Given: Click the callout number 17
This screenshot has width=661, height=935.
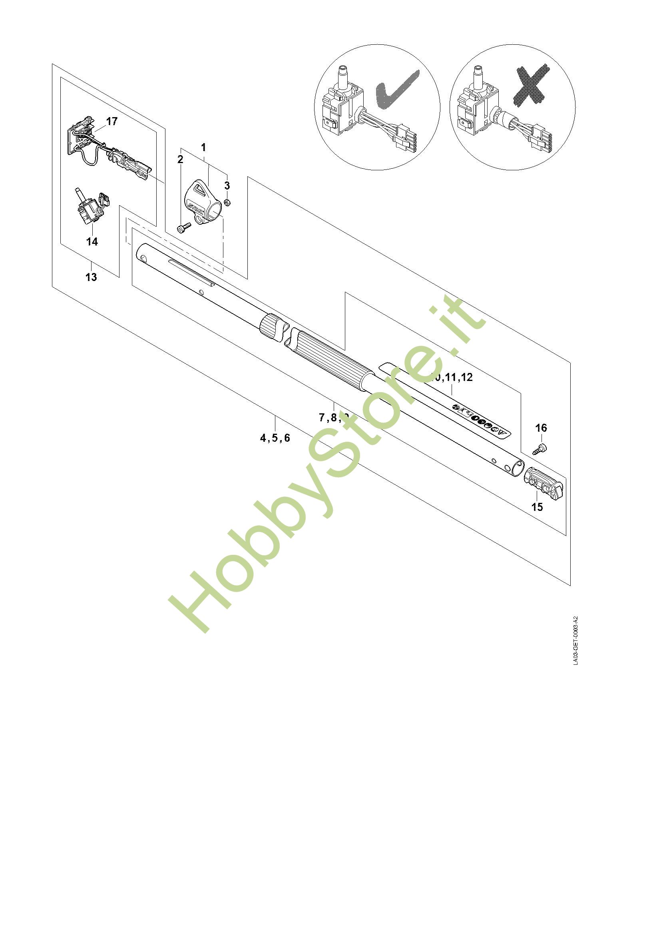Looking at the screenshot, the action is pos(111,122).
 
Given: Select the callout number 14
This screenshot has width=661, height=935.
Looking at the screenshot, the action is pos(92,241).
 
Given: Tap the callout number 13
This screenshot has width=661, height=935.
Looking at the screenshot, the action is pos(91,277).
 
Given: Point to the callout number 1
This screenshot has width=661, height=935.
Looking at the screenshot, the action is pos(203,147).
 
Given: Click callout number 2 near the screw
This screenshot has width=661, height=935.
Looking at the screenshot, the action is pos(180,159).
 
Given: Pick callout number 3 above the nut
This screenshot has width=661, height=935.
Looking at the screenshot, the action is pos(227,186).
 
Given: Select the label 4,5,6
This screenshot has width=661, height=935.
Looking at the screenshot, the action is pos(275,438).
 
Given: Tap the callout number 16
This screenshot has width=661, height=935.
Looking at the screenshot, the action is pos(541,428).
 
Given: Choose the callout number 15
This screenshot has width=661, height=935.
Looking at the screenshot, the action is pos(537,507).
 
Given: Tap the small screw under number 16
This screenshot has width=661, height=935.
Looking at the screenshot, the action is pos(540,450).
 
